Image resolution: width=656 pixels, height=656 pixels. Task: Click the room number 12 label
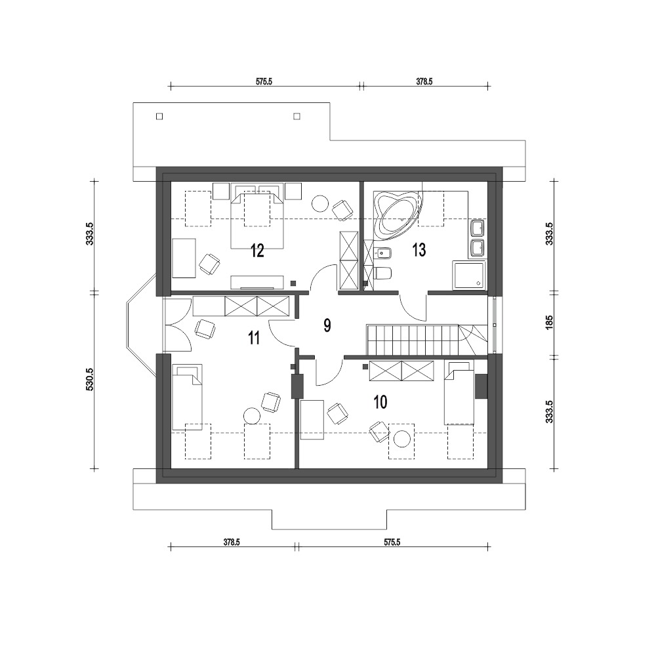tap(257, 251)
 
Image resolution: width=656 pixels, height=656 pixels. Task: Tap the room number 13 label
tap(419, 250)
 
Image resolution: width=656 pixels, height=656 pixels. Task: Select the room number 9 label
tap(327, 325)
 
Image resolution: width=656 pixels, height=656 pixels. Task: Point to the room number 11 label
tap(253, 338)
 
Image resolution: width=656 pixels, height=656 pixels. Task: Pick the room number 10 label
tap(380, 402)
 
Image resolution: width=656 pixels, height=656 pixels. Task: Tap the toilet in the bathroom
tap(382, 274)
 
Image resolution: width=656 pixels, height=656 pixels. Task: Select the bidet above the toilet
tap(381, 253)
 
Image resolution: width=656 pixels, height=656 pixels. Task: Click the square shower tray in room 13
tap(468, 275)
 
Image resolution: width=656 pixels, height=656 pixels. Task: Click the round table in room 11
tap(251, 417)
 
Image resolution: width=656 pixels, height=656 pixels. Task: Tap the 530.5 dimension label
tap(89, 379)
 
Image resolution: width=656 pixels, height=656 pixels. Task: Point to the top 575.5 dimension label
tap(264, 81)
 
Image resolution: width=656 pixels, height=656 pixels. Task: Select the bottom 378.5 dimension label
tap(232, 543)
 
